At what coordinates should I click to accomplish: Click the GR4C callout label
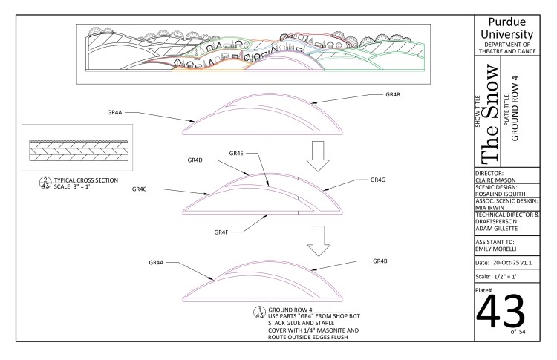pos(140,189)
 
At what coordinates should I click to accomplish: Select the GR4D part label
pos(195,160)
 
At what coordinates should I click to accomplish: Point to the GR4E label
pos(236,153)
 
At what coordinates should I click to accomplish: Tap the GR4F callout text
pos(221,232)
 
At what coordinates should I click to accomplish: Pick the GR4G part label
pos(377,180)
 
